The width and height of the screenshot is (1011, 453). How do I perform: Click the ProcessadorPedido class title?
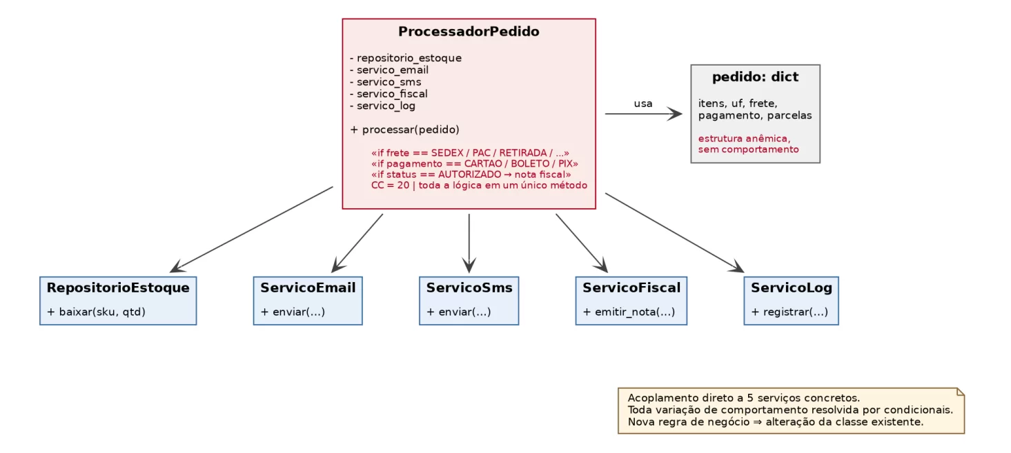[x=469, y=32]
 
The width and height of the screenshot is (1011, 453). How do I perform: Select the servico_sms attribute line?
[x=386, y=82]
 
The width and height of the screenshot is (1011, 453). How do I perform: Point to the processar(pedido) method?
[x=405, y=130]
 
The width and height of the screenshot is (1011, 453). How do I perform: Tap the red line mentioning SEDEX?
[x=470, y=153]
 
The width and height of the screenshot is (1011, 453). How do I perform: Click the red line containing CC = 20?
[x=479, y=185]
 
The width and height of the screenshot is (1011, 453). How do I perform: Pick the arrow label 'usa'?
[x=643, y=103]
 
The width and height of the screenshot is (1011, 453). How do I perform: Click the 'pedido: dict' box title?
[x=755, y=77]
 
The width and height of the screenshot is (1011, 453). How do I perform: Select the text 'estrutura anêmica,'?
[x=744, y=139]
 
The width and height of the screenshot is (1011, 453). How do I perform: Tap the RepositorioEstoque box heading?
[x=118, y=288]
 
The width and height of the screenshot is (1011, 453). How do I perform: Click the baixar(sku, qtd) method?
[x=96, y=312]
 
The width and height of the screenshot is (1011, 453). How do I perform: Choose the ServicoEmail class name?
[x=308, y=288]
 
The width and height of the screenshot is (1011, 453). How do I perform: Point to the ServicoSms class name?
[x=469, y=288]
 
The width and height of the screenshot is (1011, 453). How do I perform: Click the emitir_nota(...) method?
[x=629, y=312]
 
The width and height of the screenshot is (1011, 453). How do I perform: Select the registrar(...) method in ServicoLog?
[x=789, y=312]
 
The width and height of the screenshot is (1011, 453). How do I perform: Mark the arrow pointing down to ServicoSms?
[x=469, y=243]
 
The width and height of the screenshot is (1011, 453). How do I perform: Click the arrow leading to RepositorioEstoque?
[x=251, y=230]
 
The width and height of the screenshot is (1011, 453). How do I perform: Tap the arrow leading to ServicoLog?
[x=675, y=233]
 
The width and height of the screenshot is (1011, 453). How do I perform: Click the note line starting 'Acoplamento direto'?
[x=744, y=398]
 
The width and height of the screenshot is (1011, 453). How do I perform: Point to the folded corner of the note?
[x=961, y=392]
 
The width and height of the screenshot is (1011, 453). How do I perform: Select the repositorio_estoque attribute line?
[x=406, y=58]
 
